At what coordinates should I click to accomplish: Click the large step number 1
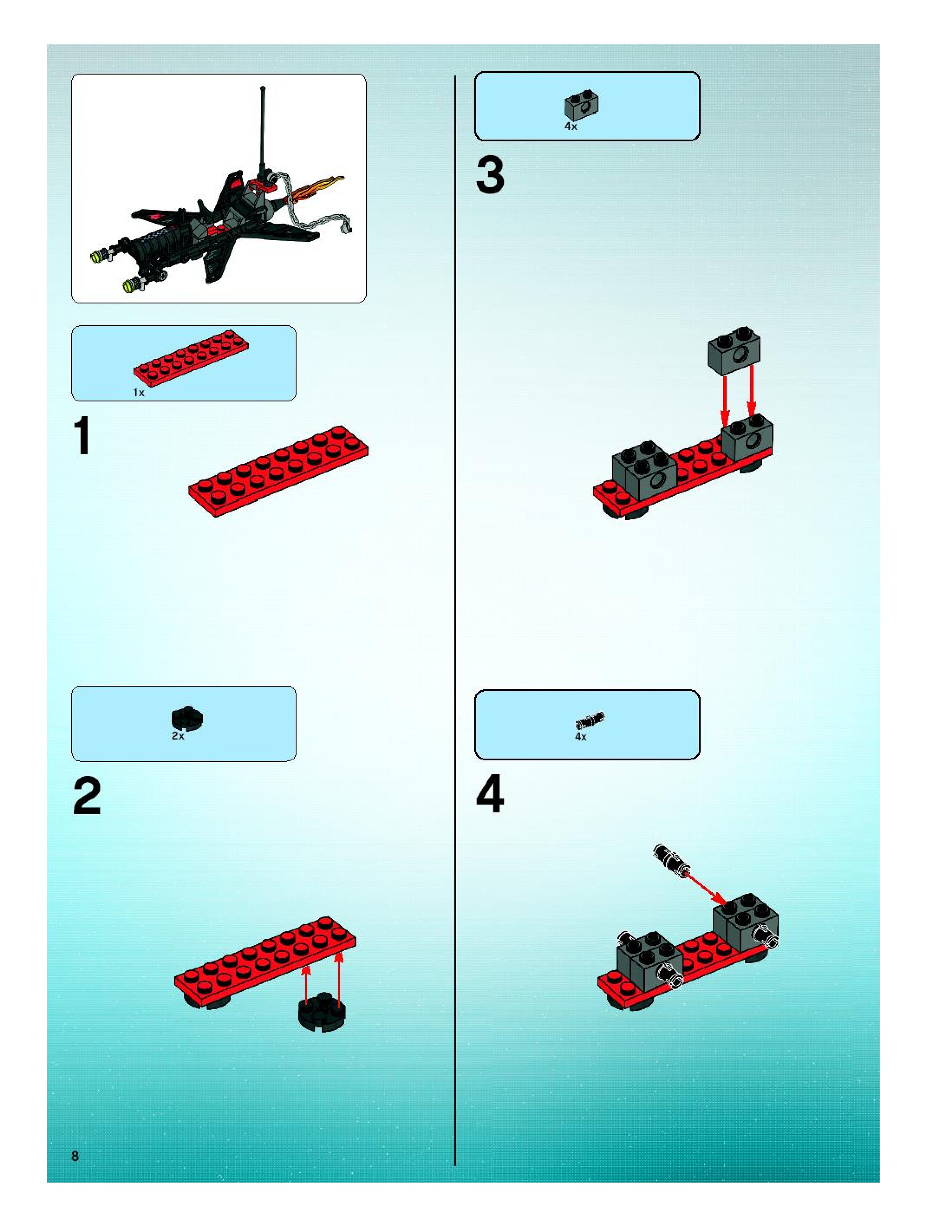82,437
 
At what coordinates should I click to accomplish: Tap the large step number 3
490,176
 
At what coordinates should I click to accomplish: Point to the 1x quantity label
139,393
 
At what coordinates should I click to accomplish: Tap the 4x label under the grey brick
571,127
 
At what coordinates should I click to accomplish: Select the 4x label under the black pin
581,737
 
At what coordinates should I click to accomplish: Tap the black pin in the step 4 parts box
589,720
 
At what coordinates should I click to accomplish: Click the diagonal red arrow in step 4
706,888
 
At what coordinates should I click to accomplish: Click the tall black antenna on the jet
262,130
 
